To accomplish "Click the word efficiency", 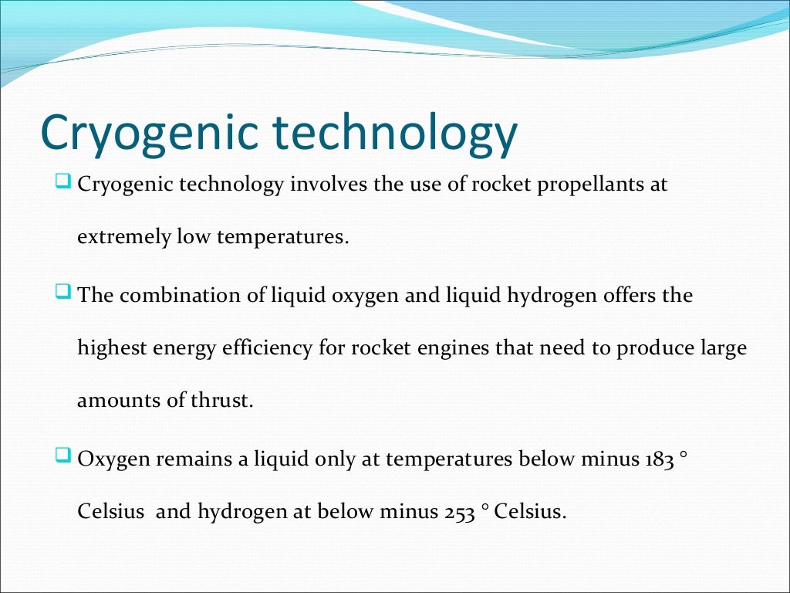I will click(x=275, y=348).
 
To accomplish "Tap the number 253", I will click(x=459, y=512).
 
